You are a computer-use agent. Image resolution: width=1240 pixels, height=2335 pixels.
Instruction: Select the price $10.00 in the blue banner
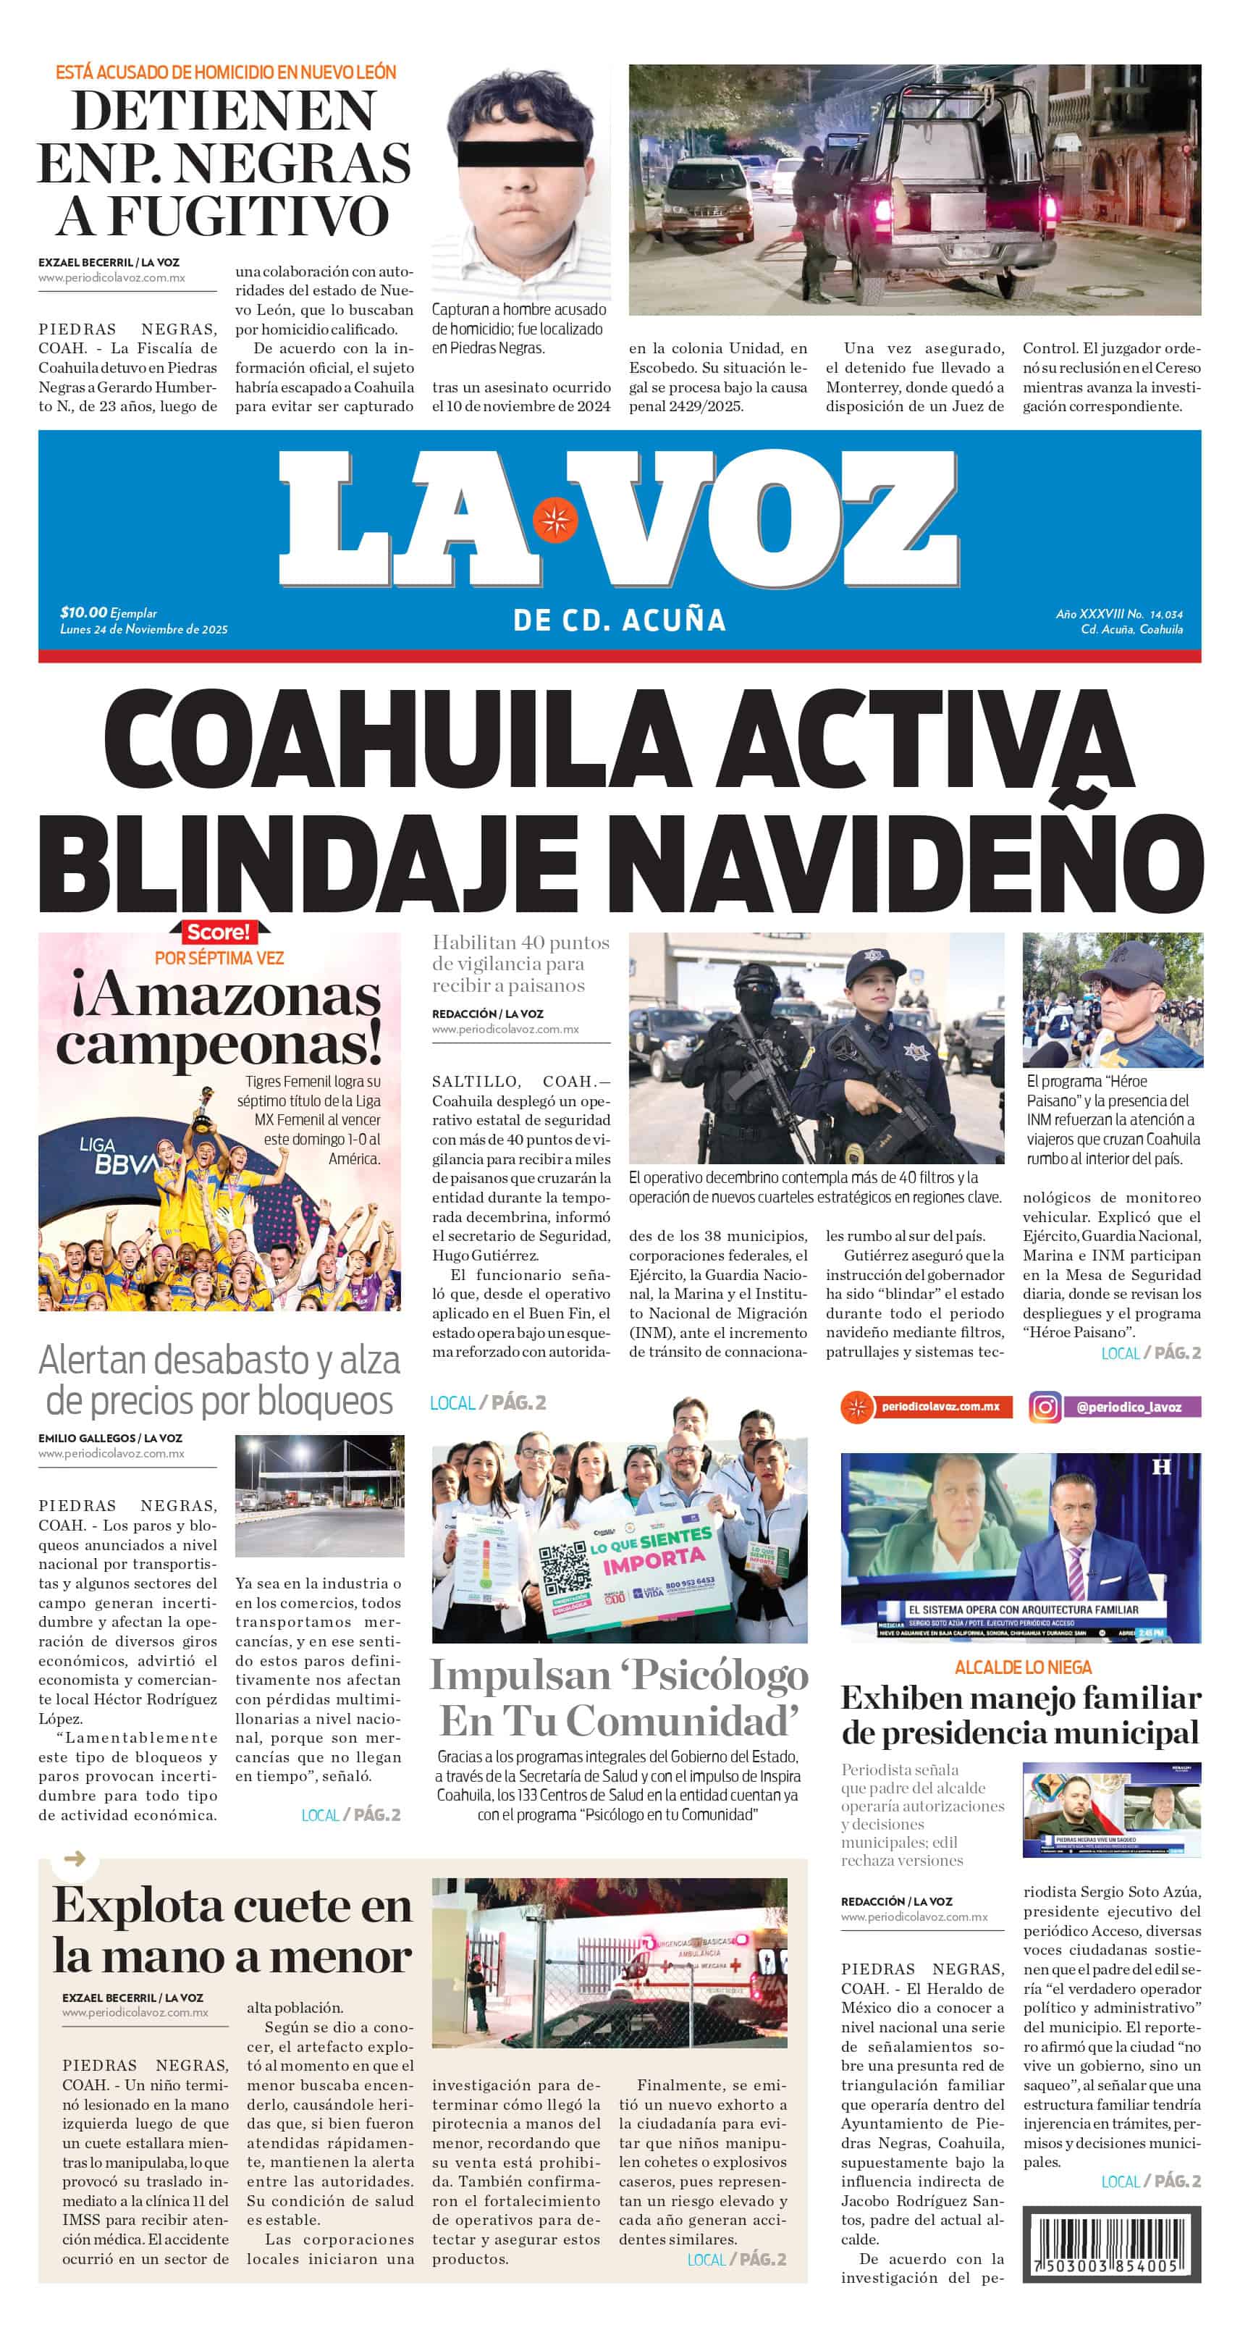point(83,612)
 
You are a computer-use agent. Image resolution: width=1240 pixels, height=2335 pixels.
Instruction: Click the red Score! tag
point(216,932)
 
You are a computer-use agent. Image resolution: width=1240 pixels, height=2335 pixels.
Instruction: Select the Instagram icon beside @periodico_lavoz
point(1045,1407)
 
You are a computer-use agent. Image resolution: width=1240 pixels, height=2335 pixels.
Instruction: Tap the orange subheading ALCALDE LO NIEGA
point(1022,1667)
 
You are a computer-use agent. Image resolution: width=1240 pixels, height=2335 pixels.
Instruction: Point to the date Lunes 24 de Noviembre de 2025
point(144,629)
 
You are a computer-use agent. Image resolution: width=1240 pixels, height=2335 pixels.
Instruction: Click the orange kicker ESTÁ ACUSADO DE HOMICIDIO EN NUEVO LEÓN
point(226,72)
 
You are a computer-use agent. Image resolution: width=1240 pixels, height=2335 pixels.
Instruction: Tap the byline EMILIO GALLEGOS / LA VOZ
point(110,1438)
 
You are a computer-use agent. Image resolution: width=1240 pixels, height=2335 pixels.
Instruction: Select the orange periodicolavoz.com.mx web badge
point(927,1407)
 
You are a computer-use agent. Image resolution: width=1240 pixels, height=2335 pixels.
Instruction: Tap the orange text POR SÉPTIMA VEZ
point(219,958)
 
